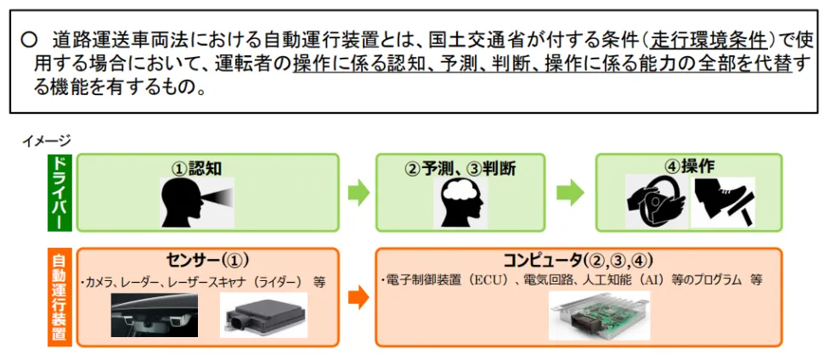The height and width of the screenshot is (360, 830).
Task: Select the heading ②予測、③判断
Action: (460, 168)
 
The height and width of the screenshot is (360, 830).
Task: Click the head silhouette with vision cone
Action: (195, 202)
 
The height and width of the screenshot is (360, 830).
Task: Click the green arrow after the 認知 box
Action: (359, 193)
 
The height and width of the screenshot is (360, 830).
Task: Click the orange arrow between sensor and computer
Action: (359, 297)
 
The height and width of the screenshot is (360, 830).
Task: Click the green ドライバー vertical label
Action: (59, 193)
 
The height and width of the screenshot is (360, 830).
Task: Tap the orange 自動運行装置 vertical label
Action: (59, 296)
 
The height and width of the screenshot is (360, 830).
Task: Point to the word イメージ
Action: (47, 140)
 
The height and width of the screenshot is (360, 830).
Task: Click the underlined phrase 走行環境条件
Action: (708, 39)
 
